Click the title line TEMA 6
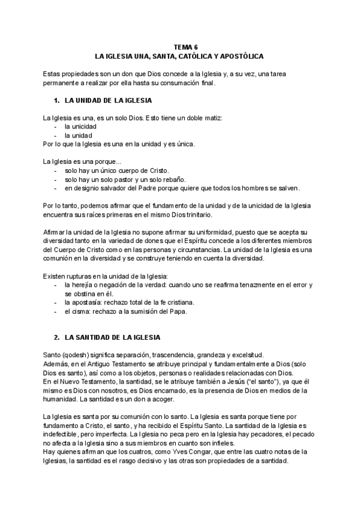point(180,46)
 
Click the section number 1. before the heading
point(57,100)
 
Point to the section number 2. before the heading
point(57,338)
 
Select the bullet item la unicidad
point(80,127)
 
